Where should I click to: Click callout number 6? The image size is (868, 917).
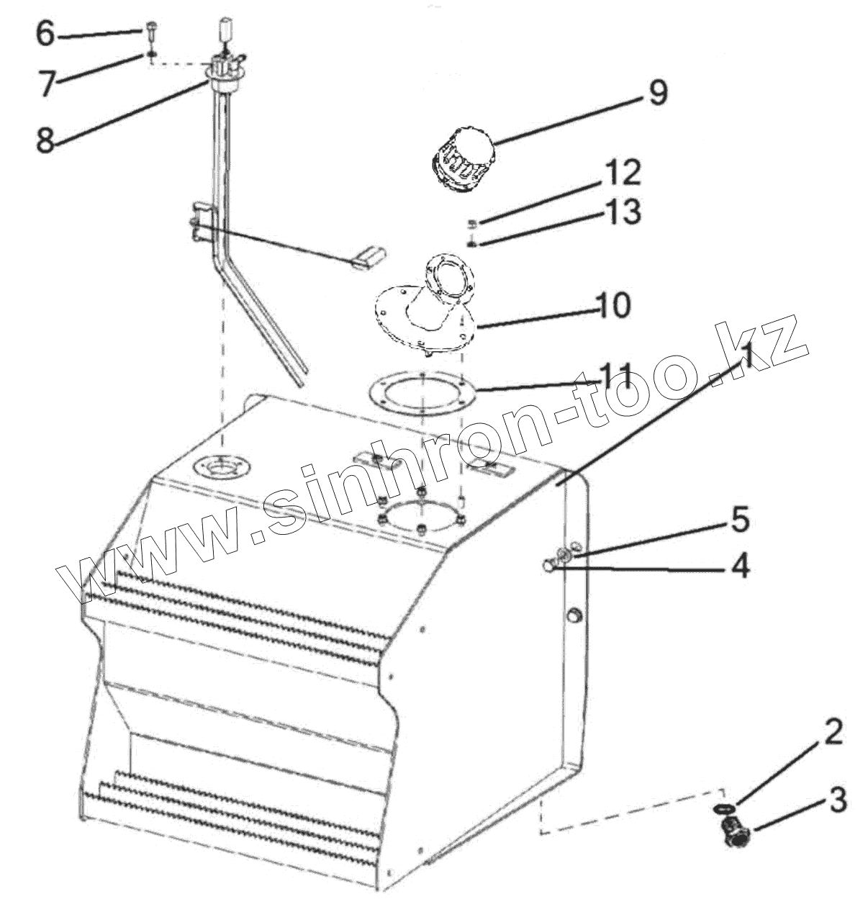(45, 33)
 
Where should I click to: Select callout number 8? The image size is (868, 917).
(45, 138)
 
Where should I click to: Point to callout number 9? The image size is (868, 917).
(657, 93)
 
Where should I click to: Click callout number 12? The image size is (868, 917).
(623, 173)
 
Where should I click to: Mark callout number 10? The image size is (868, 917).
(613, 304)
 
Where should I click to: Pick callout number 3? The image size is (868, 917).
(836, 800)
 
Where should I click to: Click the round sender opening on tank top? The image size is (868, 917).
(222, 468)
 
